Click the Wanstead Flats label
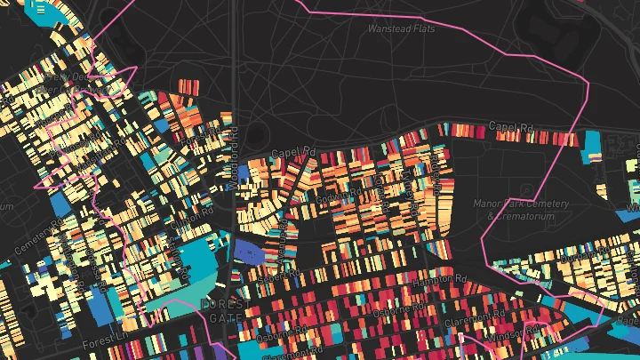pos(404,28)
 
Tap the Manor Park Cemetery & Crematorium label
pos(519,210)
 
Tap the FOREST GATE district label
pos(220,309)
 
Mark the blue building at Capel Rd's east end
pos(591,142)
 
